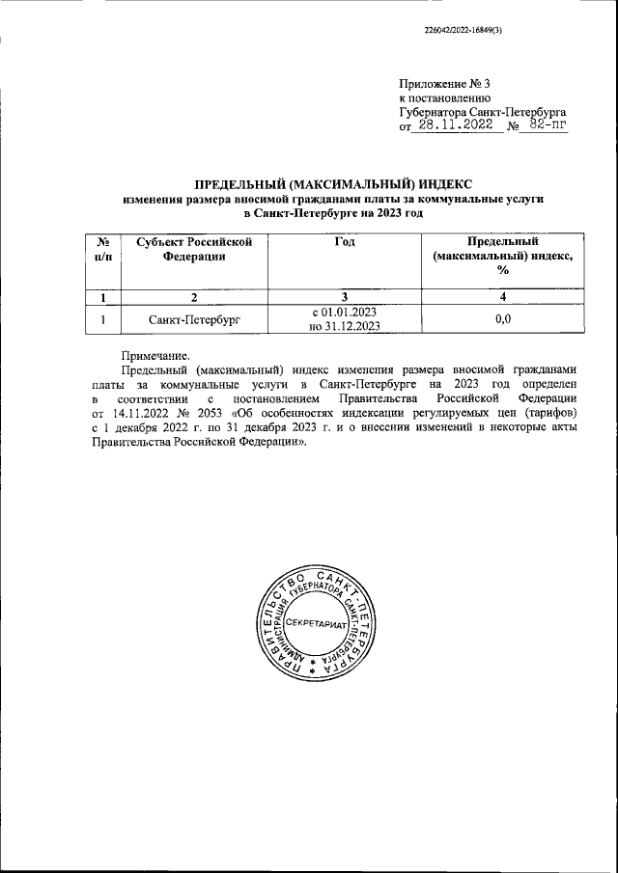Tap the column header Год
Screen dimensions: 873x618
pyautogui.click(x=344, y=241)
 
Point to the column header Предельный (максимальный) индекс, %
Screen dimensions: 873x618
pyautogui.click(x=501, y=255)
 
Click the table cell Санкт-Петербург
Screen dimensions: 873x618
pyautogui.click(x=194, y=317)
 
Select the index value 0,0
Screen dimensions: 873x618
pyautogui.click(x=502, y=317)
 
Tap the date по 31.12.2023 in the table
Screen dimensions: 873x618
pyautogui.click(x=344, y=325)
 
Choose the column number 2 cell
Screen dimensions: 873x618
pyautogui.click(x=194, y=295)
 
